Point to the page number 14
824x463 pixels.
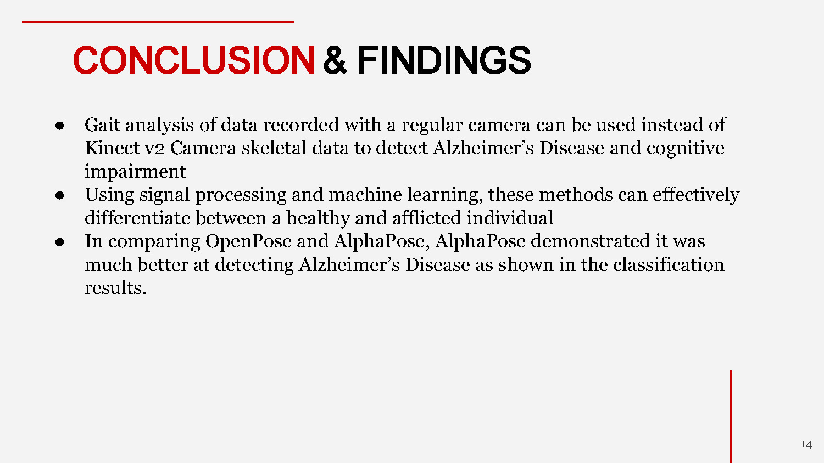pos(806,444)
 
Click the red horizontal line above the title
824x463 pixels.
pos(158,22)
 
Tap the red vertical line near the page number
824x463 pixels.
pos(731,417)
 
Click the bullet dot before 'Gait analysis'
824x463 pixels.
pos(60,126)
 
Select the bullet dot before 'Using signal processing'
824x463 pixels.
pos(60,195)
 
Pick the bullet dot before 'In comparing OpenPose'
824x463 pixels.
pos(60,242)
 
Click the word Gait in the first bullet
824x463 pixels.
pos(102,125)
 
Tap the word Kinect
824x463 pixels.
pos(112,148)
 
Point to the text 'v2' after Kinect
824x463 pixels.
pos(154,149)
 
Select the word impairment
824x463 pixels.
pos(135,172)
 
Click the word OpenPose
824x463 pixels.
pos(248,242)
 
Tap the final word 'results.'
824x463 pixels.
pos(115,288)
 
